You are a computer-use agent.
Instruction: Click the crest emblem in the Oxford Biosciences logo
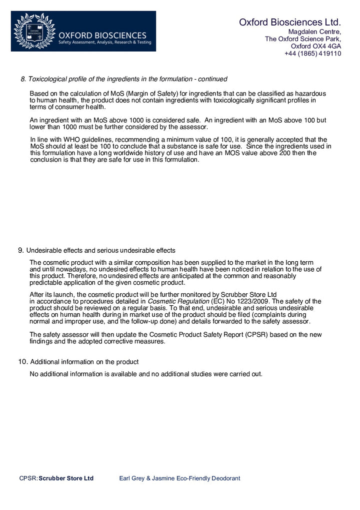coord(34,31)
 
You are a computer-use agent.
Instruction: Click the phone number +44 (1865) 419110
coord(312,54)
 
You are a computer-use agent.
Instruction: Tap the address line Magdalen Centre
coord(314,32)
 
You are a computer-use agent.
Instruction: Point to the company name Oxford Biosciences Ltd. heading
coord(289,22)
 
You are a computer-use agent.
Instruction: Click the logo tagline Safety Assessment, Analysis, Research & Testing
coord(104,43)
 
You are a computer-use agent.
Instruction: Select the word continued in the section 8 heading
coord(212,79)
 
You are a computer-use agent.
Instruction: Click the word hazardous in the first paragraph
coord(309,94)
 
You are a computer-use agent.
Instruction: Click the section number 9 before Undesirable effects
coord(20,250)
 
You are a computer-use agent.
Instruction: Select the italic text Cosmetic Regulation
coord(178,301)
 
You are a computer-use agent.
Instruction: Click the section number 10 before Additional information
coord(22,362)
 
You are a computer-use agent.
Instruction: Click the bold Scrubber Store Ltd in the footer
coord(66,478)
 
